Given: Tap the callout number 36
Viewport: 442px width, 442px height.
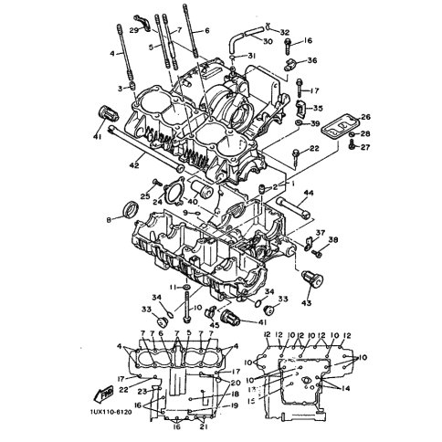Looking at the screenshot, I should (312, 61).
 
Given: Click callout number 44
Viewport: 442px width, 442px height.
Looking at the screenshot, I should (309, 193).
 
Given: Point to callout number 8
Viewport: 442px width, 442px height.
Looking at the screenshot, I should (110, 219).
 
